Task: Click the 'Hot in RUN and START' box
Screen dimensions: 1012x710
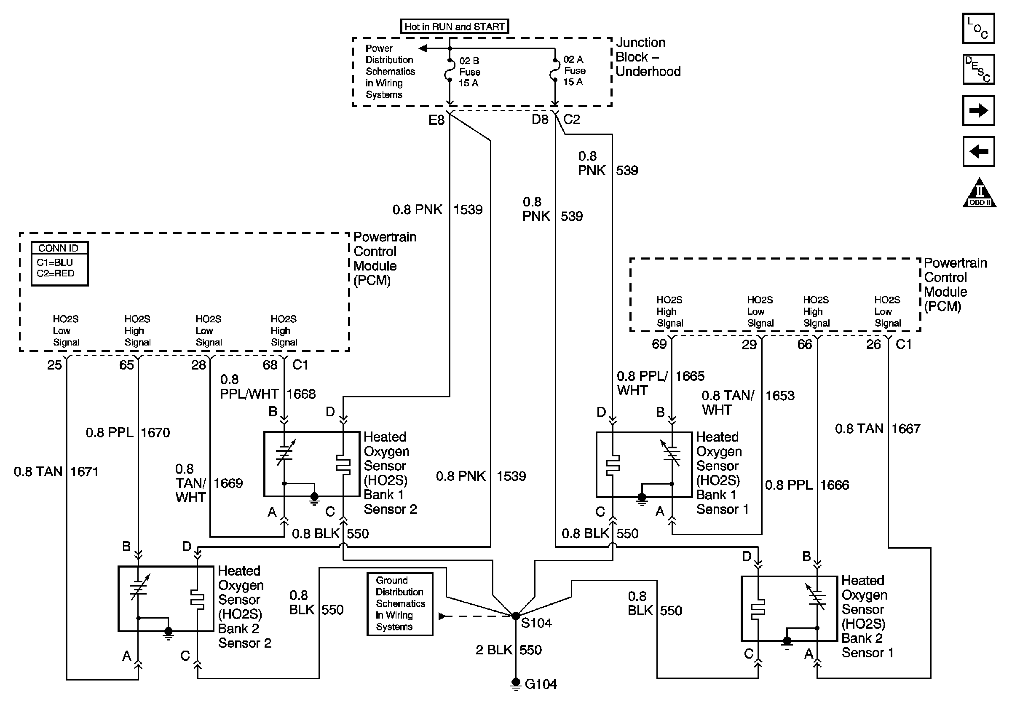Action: [x=455, y=27]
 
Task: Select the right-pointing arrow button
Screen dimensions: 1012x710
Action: [x=978, y=110]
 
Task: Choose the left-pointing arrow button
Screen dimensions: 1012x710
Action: [x=978, y=152]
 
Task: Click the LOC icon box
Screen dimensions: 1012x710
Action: [x=978, y=28]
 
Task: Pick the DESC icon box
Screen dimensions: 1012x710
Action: [x=978, y=69]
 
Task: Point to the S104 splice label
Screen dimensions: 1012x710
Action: [x=536, y=623]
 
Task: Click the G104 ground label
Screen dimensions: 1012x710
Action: [x=541, y=684]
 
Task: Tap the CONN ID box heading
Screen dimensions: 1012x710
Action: [x=58, y=248]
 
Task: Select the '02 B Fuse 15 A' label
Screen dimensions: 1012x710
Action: [x=469, y=72]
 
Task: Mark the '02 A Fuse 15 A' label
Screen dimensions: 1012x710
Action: [x=574, y=70]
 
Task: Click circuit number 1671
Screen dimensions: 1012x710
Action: [x=84, y=472]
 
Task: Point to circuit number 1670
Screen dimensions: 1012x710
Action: [x=155, y=432]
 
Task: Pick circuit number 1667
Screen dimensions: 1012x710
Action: [x=906, y=429]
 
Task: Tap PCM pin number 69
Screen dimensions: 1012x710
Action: [x=659, y=344]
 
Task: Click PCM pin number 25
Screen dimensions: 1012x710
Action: [x=55, y=365]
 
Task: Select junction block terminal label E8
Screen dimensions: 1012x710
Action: [x=436, y=119]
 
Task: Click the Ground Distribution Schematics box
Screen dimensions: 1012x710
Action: [x=400, y=604]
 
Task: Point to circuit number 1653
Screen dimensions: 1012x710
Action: [x=780, y=395]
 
